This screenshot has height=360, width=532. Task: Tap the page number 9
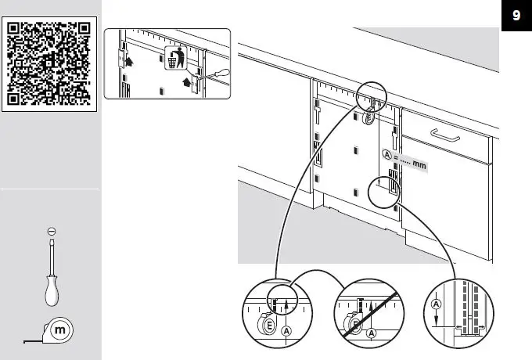click(516, 15)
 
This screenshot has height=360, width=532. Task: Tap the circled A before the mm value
click(386, 155)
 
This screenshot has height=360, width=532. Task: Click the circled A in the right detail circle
click(436, 304)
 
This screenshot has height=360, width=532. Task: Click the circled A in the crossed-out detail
click(372, 333)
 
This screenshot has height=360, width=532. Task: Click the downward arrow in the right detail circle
click(436, 319)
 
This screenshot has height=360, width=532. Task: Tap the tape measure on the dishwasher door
click(368, 118)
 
